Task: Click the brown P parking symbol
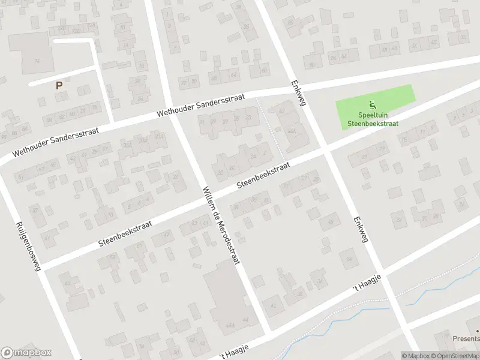coord(59,86)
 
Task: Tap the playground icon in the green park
coord(372,104)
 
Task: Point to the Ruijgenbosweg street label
coord(28,247)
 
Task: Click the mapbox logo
coord(26,353)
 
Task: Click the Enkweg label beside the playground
coord(298,93)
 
